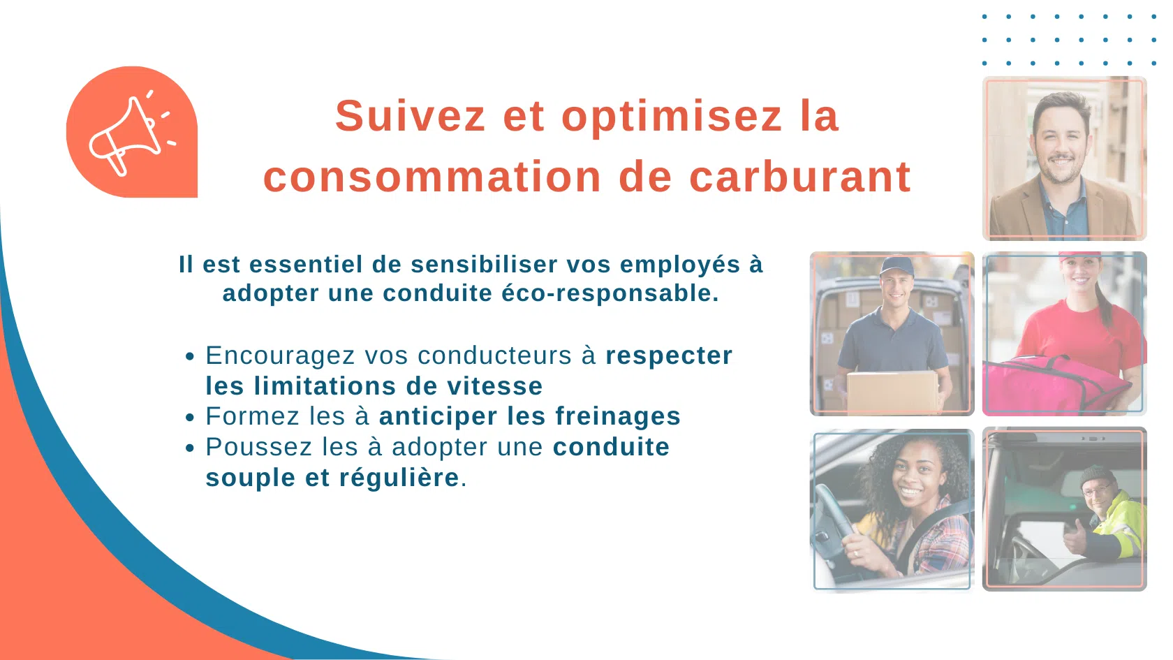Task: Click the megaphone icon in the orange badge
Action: pyautogui.click(x=132, y=133)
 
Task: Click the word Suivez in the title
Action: pyautogui.click(x=410, y=116)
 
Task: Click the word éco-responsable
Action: pyautogui.click(x=610, y=294)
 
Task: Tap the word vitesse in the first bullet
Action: pyautogui.click(x=495, y=386)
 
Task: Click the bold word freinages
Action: pyautogui.click(x=618, y=417)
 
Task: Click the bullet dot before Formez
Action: pyautogui.click(x=190, y=418)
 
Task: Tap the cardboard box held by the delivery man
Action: pyautogui.click(x=892, y=391)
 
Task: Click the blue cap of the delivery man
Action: pyautogui.click(x=897, y=266)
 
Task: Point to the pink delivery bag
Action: pyautogui.click(x=1054, y=386)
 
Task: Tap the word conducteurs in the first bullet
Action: pyautogui.click(x=494, y=355)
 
